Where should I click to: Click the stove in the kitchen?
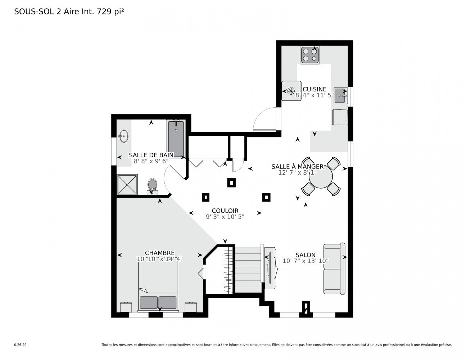click(x=310, y=55)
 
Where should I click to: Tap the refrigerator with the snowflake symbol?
click(x=291, y=90)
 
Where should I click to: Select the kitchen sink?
click(x=340, y=95)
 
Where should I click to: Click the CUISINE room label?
click(x=314, y=89)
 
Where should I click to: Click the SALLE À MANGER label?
click(x=297, y=166)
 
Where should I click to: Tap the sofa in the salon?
click(x=334, y=269)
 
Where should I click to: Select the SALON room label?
click(x=305, y=255)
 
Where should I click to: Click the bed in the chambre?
click(x=158, y=286)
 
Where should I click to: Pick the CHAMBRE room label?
click(x=159, y=253)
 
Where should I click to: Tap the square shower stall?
click(x=127, y=184)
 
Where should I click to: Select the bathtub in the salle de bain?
click(x=176, y=139)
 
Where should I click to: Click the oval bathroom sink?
click(x=123, y=136)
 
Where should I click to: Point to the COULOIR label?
click(x=225, y=211)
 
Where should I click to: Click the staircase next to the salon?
click(x=248, y=270)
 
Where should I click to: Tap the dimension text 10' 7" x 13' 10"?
click(x=306, y=261)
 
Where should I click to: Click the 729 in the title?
click(x=104, y=12)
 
